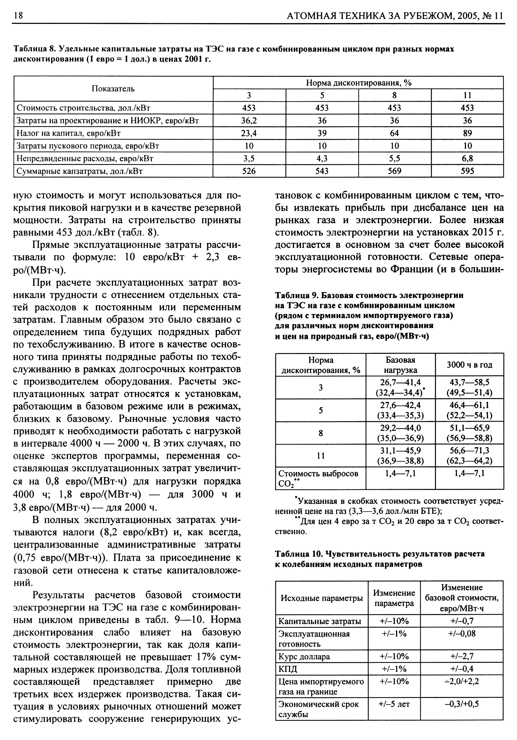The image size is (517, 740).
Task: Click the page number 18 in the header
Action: click(x=17, y=16)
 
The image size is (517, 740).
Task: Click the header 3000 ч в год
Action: click(x=469, y=365)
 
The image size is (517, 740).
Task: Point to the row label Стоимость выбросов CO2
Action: click(x=318, y=478)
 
